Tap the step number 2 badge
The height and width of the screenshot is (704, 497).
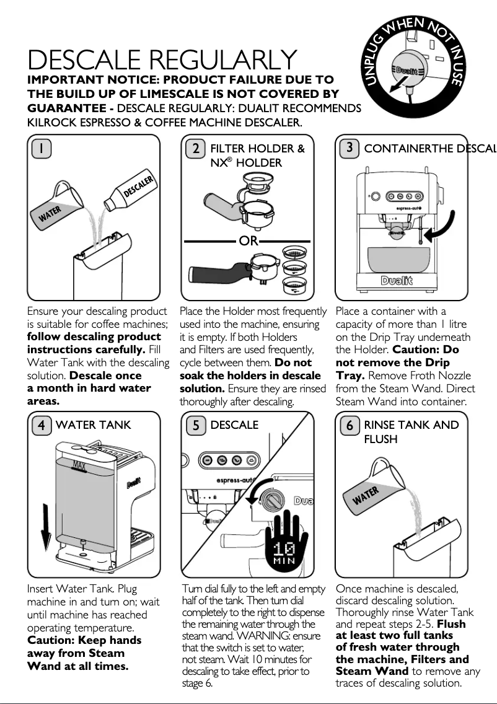[195, 149]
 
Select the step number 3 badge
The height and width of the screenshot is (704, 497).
[350, 148]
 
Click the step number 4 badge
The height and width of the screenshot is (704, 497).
[41, 425]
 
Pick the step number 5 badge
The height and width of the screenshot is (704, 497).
[195, 425]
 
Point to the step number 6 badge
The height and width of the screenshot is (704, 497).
[350, 425]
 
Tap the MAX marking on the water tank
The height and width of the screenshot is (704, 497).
[79, 465]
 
